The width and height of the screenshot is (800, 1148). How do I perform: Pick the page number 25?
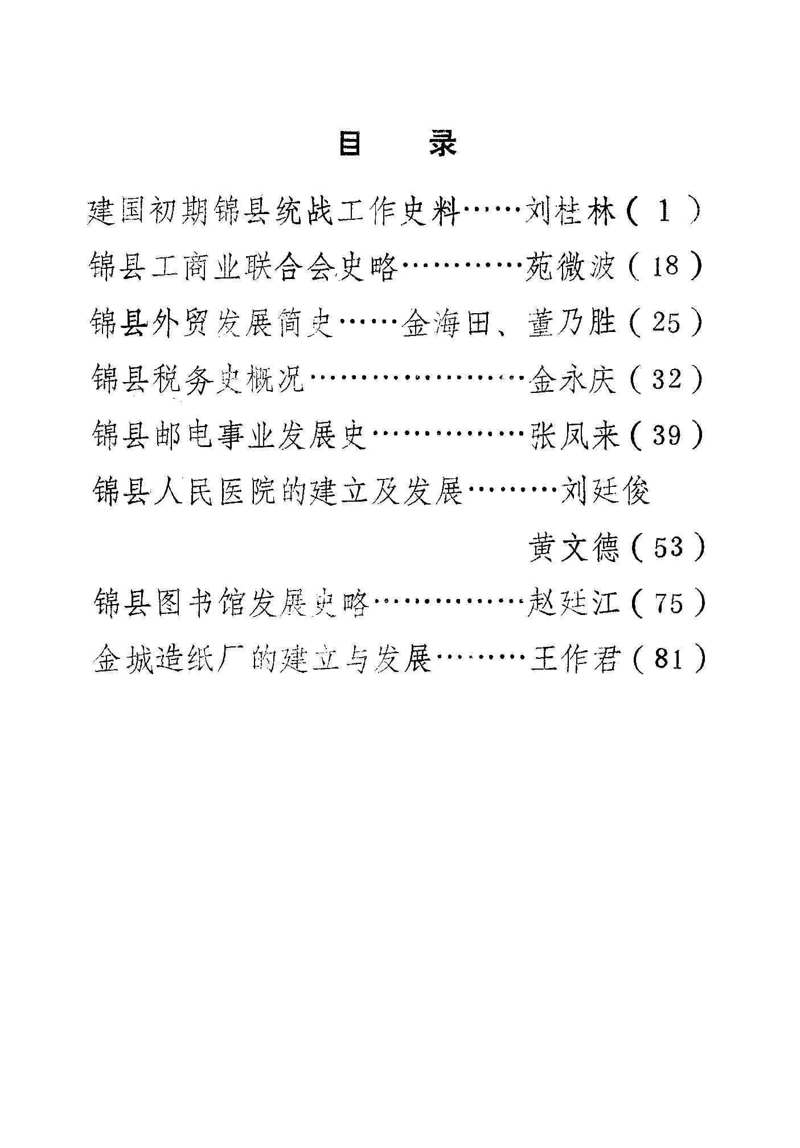click(x=666, y=323)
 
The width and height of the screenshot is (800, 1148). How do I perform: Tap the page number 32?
click(x=667, y=379)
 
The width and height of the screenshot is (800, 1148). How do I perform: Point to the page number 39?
click(x=667, y=435)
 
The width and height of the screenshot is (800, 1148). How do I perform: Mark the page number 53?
click(x=668, y=547)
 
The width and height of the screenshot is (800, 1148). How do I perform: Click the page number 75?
click(x=668, y=603)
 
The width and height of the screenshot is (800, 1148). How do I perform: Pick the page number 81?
click(x=669, y=659)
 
